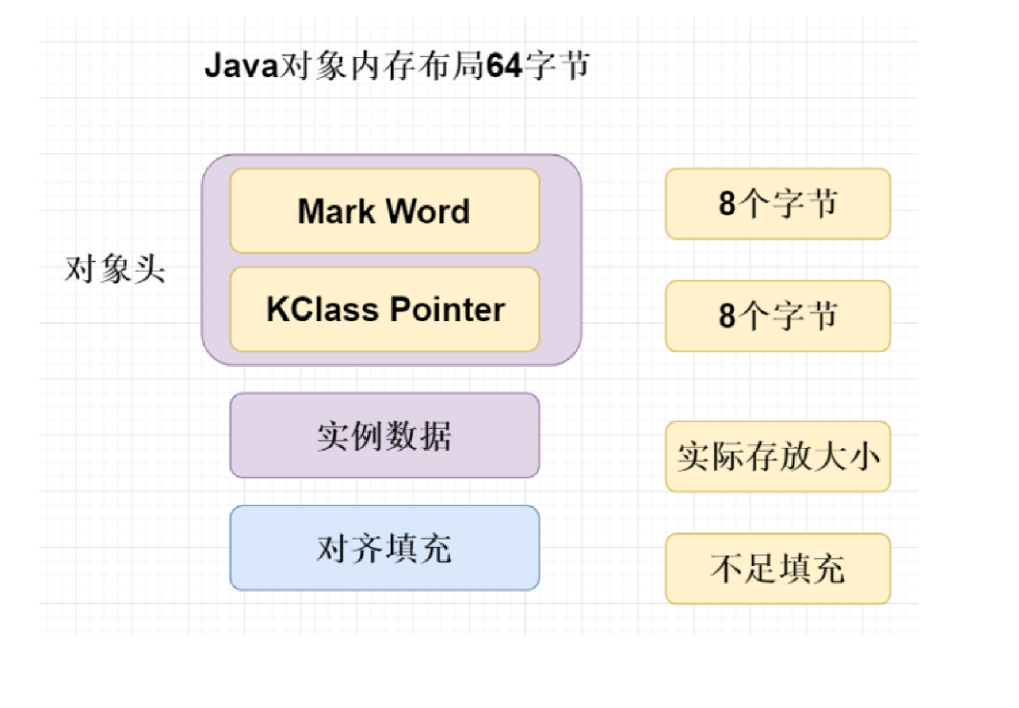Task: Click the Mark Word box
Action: click(384, 211)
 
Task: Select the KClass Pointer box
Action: click(384, 310)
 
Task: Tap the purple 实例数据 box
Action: click(384, 435)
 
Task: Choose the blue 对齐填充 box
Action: click(384, 548)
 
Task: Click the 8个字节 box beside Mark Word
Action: click(778, 204)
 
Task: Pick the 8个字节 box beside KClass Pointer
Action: click(778, 315)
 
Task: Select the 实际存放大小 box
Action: click(778, 456)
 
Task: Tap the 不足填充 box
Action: click(778, 569)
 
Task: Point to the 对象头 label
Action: click(114, 270)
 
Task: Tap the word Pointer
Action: click(448, 310)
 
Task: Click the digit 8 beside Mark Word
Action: click(728, 204)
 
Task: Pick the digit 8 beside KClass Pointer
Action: click(728, 315)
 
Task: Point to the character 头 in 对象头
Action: click(150, 270)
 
